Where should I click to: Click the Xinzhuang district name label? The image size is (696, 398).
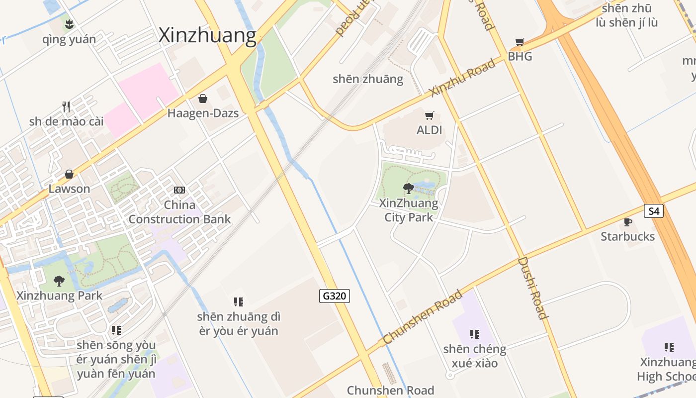[207, 36]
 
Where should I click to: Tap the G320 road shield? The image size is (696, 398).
[334, 296]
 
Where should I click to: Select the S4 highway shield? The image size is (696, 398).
[654, 211]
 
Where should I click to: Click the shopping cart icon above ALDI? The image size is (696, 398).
[430, 115]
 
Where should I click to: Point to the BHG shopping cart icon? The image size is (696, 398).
[520, 42]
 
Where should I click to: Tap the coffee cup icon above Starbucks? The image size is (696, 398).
[628, 222]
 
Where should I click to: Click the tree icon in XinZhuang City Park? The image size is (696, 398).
[409, 188]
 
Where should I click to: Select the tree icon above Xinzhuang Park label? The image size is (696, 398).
[59, 281]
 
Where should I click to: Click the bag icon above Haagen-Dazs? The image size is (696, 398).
[202, 99]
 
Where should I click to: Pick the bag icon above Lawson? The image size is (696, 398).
[69, 174]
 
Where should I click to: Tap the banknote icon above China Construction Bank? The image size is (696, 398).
[179, 190]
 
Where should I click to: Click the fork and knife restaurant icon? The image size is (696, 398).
[66, 106]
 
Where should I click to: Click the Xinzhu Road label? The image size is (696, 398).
[463, 77]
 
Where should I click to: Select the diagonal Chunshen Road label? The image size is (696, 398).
[423, 317]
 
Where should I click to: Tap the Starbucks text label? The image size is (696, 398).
[627, 236]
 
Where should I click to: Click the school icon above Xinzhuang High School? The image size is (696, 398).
[669, 347]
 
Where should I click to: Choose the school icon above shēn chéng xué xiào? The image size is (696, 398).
[475, 334]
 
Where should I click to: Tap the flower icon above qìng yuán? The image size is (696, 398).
[69, 24]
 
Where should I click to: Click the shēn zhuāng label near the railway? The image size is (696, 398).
[368, 79]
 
